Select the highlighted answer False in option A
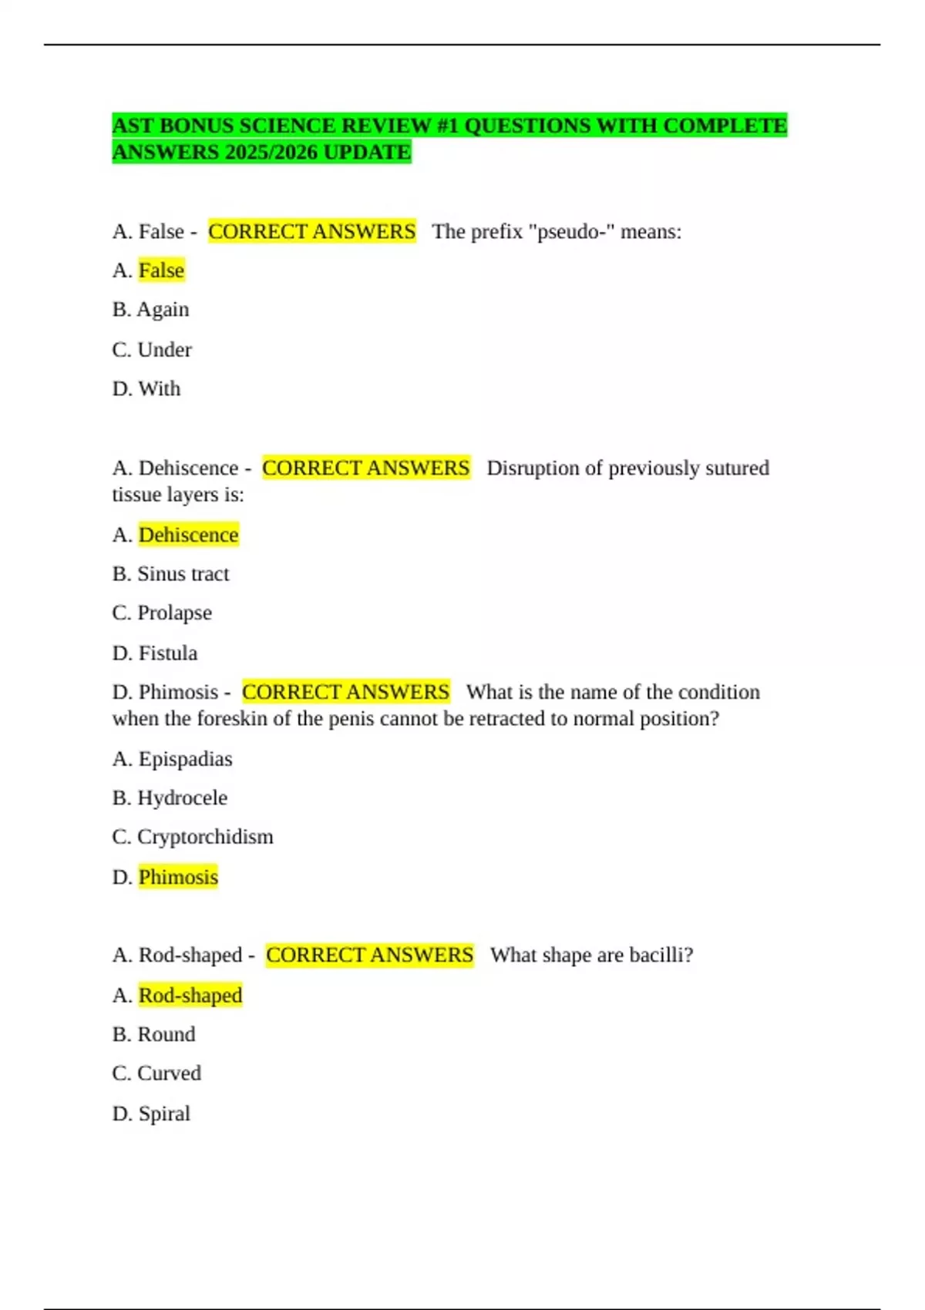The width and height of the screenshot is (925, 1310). (161, 270)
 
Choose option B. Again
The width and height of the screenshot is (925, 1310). (150, 310)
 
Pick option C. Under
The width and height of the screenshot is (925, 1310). (152, 350)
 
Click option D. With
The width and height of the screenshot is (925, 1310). (146, 389)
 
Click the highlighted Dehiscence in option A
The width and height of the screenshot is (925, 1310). (188, 535)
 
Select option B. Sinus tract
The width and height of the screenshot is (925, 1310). (170, 574)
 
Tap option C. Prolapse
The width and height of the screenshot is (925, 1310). (162, 613)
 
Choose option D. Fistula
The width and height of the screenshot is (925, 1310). (155, 653)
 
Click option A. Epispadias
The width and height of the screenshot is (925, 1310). (172, 759)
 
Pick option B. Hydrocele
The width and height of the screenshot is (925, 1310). (170, 798)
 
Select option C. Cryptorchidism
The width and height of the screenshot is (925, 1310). (193, 838)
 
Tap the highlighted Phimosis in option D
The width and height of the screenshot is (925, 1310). (178, 878)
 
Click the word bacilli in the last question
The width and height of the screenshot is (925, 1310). (661, 956)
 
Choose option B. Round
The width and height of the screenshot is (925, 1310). (153, 1035)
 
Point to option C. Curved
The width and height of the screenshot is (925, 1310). (156, 1074)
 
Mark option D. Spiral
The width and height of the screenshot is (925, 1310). (151, 1114)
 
